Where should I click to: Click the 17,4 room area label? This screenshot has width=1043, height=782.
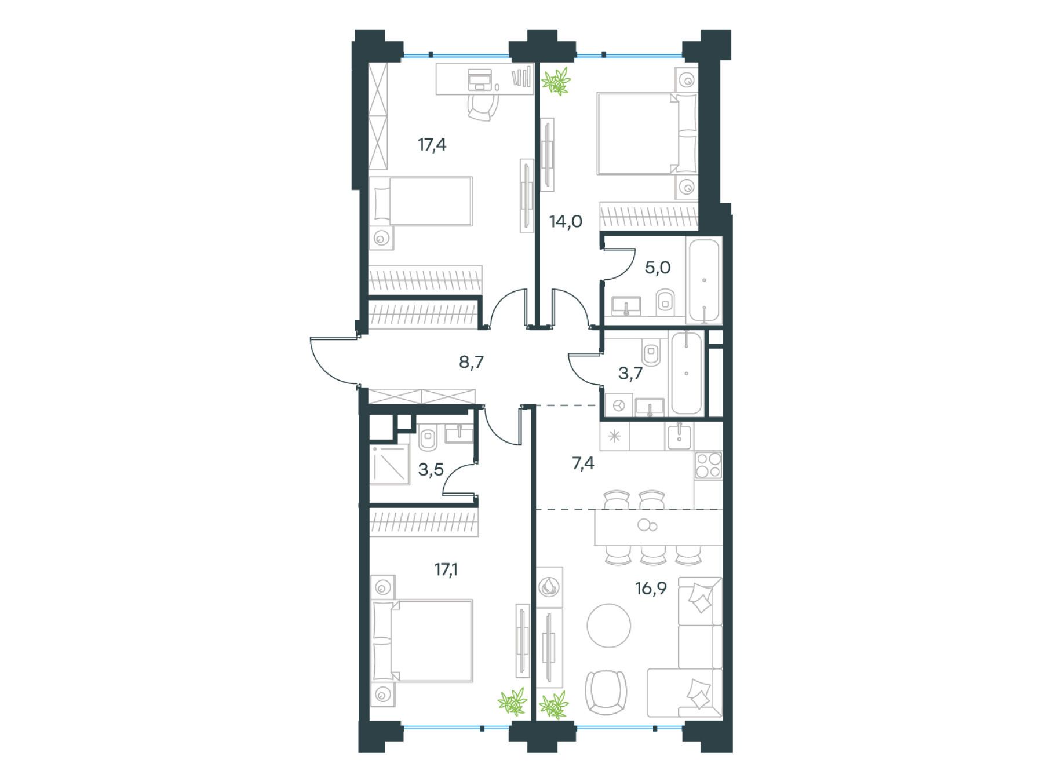click(x=432, y=145)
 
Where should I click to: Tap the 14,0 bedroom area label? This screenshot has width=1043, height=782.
click(x=566, y=221)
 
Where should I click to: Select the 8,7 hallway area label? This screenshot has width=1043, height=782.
click(x=471, y=363)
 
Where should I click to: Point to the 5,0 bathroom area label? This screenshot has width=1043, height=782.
click(x=658, y=268)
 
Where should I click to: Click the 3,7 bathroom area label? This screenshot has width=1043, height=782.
click(x=630, y=374)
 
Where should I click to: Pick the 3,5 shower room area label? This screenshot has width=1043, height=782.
click(x=431, y=469)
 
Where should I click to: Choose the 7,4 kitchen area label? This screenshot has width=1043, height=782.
click(x=583, y=463)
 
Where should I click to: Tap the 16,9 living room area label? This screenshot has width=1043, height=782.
click(x=651, y=589)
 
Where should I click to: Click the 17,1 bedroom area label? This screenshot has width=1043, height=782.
click(x=446, y=570)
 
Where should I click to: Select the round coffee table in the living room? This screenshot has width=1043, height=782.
click(x=608, y=626)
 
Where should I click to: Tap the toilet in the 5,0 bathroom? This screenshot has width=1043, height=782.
click(x=665, y=301)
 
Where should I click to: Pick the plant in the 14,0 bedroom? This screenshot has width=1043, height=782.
click(x=556, y=81)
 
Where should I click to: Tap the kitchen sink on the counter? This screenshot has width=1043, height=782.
click(x=679, y=436)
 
